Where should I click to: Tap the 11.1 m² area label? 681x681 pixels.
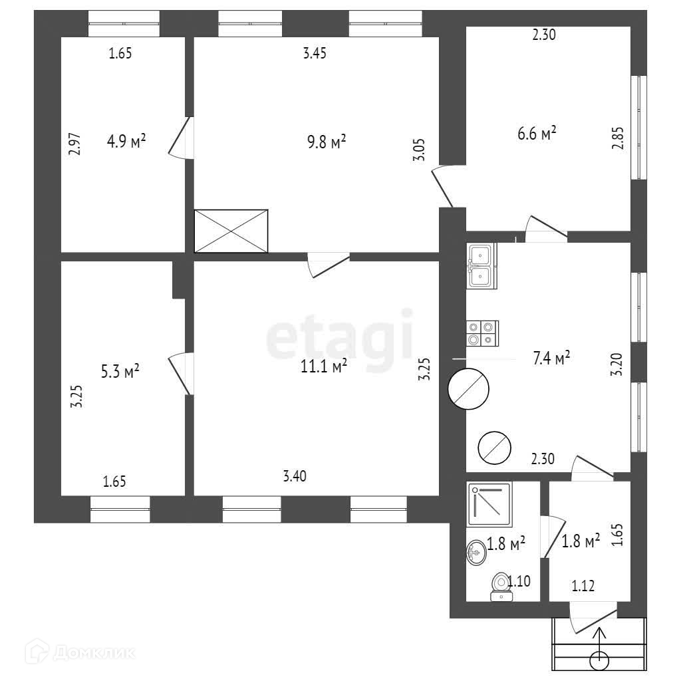pos(325,366)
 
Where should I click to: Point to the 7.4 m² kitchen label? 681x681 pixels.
pos(552,359)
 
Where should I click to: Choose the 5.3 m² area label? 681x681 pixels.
pos(120,371)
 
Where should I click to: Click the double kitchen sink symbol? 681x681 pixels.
pos(482,266)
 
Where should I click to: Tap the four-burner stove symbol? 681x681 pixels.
pos(482,333)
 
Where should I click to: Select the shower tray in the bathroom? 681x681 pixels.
pos(489,501)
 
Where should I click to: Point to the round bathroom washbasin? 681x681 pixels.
pos(476,552)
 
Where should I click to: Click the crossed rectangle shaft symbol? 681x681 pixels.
pos(231,231)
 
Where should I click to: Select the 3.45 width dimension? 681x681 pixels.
pos(314,55)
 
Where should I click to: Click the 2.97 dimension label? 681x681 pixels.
pos(74,144)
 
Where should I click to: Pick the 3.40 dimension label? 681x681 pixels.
pos(295,476)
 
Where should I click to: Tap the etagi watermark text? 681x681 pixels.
pos(339,338)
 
